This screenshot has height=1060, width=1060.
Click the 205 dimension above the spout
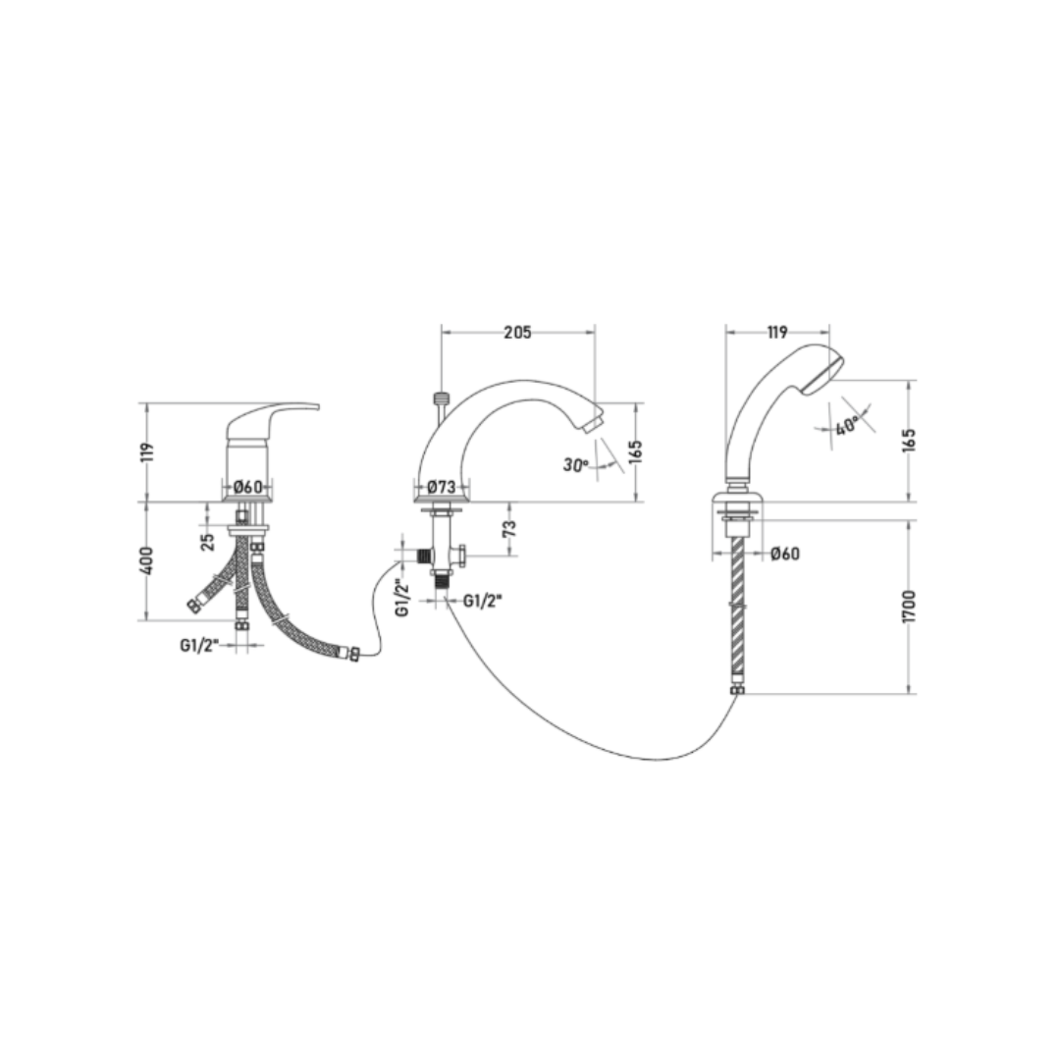(517, 332)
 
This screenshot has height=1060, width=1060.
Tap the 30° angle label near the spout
(576, 465)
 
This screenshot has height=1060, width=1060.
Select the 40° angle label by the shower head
(846, 427)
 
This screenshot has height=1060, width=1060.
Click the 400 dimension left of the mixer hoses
(148, 560)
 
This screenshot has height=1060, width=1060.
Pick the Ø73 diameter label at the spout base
(442, 486)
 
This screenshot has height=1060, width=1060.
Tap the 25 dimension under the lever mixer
(207, 542)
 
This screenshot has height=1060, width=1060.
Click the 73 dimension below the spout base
(509, 528)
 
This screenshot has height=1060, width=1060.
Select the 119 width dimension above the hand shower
(777, 332)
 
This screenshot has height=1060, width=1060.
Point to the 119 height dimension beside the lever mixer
(148, 451)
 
